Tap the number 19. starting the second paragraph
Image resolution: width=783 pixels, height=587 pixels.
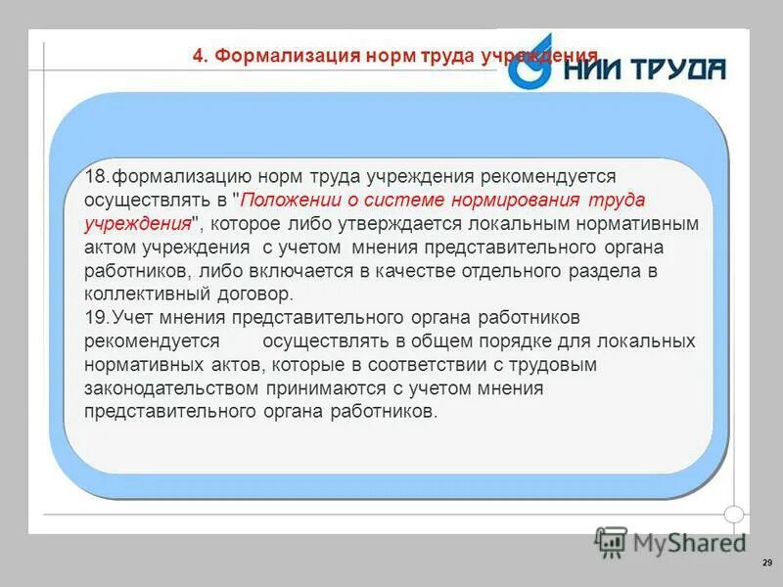tap(97, 318)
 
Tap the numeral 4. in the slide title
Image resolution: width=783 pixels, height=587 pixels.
tap(200, 56)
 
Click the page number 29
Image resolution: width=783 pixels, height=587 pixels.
tap(766, 563)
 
